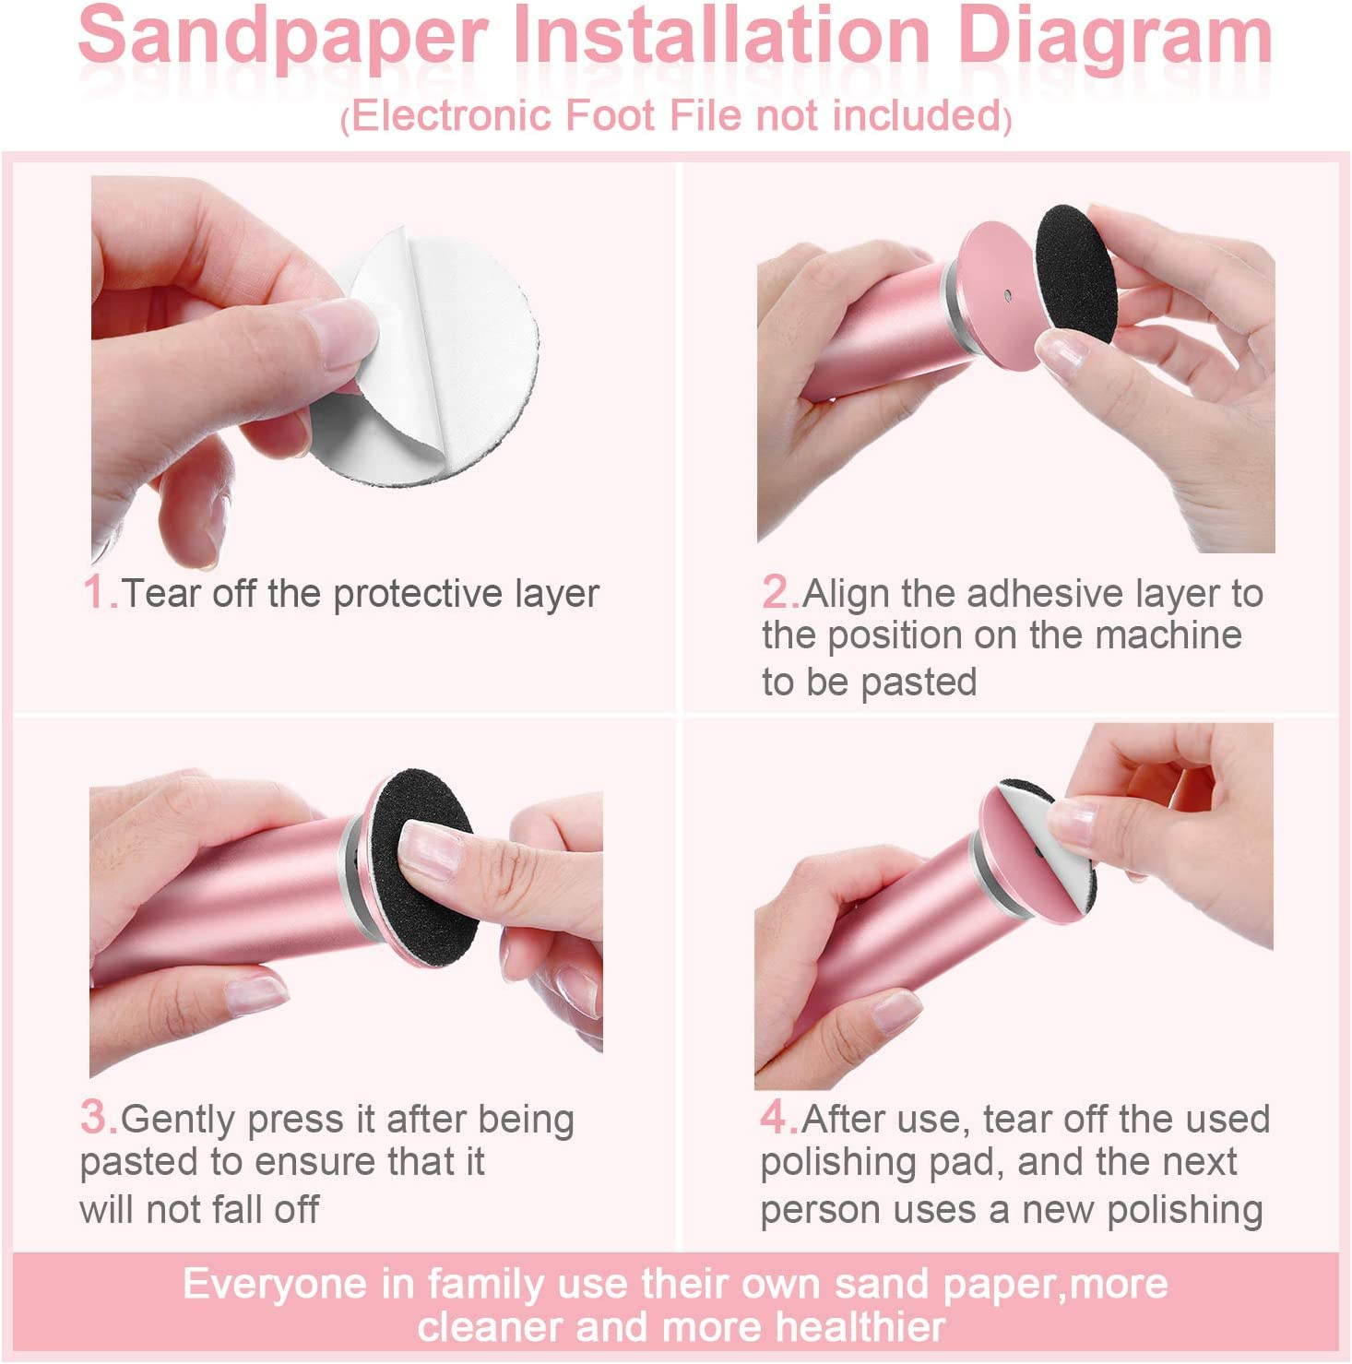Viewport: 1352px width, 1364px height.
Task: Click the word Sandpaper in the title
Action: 281,37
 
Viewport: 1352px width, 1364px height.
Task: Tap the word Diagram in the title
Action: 1115,37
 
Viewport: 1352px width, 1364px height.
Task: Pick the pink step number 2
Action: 779,592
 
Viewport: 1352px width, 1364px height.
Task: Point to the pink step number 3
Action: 97,1118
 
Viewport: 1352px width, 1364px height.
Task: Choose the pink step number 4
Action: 777,1118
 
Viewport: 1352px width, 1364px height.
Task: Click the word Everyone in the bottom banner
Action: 274,1285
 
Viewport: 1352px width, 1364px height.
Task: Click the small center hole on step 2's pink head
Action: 1008,296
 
